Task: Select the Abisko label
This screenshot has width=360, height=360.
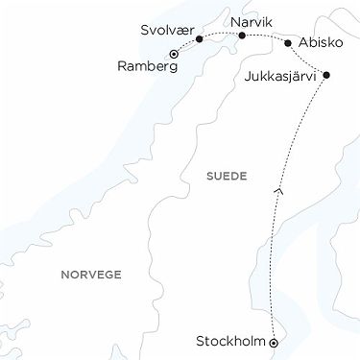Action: pos(319,43)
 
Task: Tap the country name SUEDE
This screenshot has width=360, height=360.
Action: pos(227,177)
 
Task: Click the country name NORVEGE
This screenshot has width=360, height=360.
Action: pos(91,274)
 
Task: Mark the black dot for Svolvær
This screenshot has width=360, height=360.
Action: pos(199,39)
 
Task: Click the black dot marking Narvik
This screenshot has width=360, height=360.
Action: pos(242,36)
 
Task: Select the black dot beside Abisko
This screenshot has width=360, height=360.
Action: pos(288,43)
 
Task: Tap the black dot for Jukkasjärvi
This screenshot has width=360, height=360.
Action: pos(326,75)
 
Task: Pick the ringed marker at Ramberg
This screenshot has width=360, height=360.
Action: pos(173,54)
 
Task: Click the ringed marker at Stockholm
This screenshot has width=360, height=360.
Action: pos(274,342)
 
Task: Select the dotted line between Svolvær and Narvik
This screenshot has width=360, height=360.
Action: pos(221,34)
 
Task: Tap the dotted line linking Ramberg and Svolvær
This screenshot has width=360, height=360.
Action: pos(185,46)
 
